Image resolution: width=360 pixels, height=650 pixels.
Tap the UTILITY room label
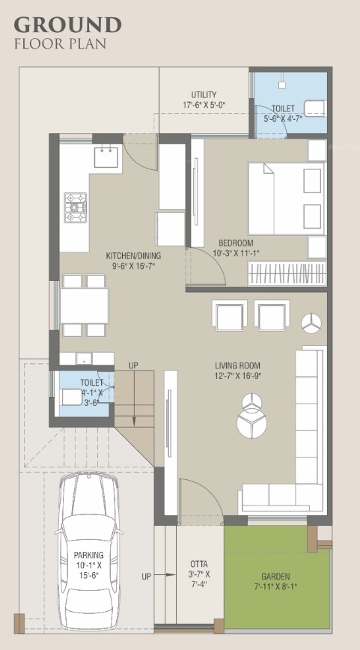tap(204, 94)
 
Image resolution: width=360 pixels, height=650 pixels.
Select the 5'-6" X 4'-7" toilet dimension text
tap(283, 118)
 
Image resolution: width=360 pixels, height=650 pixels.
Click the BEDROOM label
tap(236, 243)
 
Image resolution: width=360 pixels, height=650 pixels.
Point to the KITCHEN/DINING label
tap(133, 255)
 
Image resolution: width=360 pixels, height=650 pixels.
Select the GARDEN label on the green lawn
tap(276, 577)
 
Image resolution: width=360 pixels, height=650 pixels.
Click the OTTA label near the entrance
tap(198, 563)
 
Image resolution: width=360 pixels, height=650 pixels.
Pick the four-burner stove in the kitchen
tap(75, 207)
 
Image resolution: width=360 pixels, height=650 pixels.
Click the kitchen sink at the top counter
tap(104, 158)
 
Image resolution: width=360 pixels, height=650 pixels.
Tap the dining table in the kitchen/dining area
tap(84, 305)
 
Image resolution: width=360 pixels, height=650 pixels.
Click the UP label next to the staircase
tap(133, 365)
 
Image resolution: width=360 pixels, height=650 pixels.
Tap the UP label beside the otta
tap(147, 577)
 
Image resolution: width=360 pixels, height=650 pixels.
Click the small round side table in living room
tap(311, 323)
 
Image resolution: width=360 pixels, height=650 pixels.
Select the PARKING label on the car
tap(89, 555)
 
